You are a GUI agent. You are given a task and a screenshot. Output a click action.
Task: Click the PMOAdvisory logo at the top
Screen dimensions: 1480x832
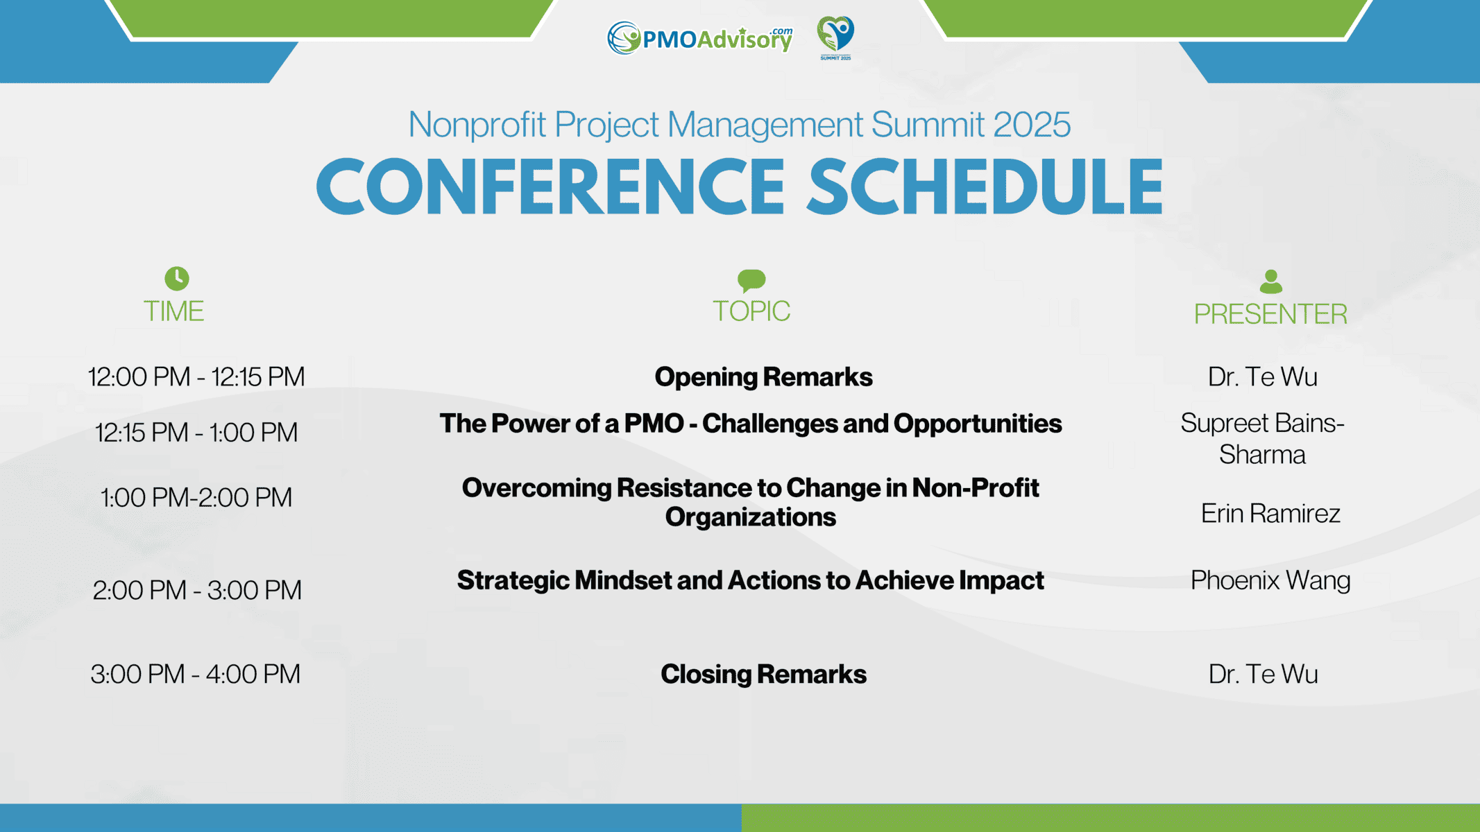coord(699,38)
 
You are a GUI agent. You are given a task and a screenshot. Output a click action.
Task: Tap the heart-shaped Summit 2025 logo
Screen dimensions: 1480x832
coord(835,38)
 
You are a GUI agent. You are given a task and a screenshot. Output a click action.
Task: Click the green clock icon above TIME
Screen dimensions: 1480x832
coord(177,278)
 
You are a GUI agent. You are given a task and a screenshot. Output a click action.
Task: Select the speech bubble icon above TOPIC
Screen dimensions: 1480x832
coord(751,280)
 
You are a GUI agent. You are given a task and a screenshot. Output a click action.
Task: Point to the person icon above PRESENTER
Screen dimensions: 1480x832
coord(1270,281)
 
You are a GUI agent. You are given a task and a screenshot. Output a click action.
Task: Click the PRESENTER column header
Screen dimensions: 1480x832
coord(1270,314)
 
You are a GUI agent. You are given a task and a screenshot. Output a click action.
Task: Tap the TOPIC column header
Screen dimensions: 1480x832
coord(751,311)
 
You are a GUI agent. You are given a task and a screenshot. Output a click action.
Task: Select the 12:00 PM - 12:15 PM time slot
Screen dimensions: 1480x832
coord(196,376)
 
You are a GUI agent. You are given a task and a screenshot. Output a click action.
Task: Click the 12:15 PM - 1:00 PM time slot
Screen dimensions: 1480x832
coord(196,432)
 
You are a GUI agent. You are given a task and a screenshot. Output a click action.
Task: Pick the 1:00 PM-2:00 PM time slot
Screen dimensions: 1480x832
coord(196,497)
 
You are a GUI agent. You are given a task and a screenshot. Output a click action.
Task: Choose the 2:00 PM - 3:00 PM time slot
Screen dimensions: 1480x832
coord(197,590)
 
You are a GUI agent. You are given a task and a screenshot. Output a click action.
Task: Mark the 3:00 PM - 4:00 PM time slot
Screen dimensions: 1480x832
coord(196,674)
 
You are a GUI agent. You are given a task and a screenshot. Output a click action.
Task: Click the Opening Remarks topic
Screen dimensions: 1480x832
coord(764,377)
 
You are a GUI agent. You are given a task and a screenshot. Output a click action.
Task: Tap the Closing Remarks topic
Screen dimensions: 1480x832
coord(764,674)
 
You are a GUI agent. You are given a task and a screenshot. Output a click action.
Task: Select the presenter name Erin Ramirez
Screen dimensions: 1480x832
coord(1270,513)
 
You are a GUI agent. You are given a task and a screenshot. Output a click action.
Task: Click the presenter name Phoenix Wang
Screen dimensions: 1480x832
coord(1270,581)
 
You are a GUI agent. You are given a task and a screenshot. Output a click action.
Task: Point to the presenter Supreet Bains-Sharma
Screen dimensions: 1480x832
coord(1263,439)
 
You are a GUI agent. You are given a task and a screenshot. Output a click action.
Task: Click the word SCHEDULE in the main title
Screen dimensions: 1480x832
coord(985,187)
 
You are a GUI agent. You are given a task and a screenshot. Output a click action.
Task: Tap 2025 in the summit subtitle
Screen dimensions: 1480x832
coord(1032,125)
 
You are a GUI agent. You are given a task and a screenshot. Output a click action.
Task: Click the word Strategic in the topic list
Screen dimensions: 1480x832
coord(513,581)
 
